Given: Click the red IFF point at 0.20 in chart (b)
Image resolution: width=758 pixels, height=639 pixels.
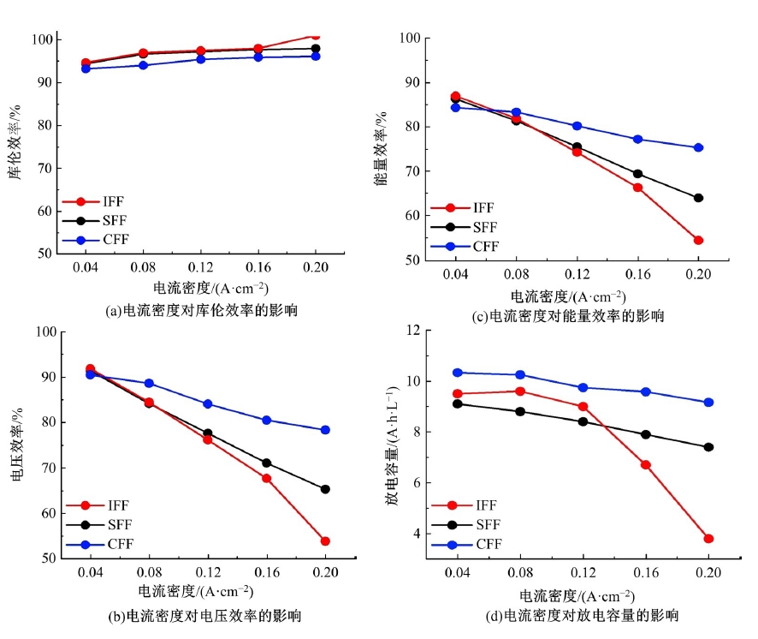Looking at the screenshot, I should pos(325,541).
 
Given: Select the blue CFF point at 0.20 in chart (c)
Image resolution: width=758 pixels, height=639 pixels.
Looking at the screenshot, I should pos(698,147).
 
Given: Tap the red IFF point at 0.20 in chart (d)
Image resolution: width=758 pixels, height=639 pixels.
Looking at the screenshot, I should pos(708,539).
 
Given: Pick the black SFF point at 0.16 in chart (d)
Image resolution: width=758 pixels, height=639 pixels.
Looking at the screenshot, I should pos(646,434).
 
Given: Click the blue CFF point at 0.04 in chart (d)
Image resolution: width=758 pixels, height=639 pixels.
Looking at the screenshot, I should pos(458,373).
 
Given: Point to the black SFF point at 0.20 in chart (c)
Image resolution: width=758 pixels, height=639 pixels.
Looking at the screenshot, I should pos(698,198).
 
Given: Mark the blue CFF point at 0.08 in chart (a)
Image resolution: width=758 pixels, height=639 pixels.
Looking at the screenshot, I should pos(143,65).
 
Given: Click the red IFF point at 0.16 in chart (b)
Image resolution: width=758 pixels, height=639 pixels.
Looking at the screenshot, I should pos(266,478).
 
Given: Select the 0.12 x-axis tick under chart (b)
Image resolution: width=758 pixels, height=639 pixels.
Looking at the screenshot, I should pos(207,571).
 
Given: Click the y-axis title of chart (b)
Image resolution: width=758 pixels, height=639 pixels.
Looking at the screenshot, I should pos(18,446).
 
